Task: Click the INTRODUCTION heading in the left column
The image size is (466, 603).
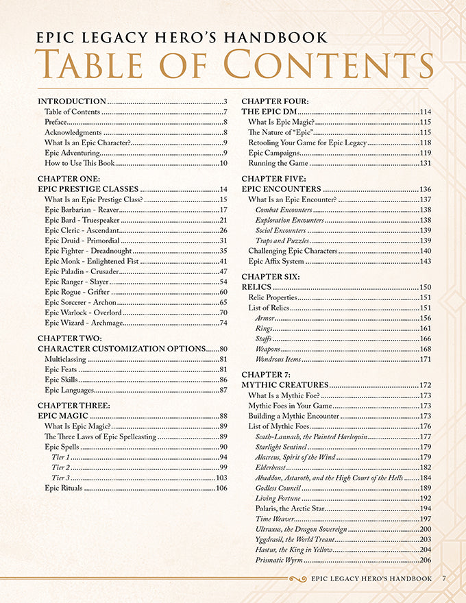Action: click(72, 101)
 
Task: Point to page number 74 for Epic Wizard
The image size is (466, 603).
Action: click(223, 322)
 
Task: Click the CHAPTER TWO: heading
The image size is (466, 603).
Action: click(70, 338)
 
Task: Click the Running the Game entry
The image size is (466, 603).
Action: click(278, 163)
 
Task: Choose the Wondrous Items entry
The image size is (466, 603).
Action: click(278, 359)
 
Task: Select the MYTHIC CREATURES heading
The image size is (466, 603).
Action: click(284, 385)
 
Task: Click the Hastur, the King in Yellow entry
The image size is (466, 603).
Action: click(293, 550)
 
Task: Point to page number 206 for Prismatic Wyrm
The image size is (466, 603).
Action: click(425, 560)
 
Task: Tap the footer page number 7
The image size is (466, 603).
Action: click(444, 578)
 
